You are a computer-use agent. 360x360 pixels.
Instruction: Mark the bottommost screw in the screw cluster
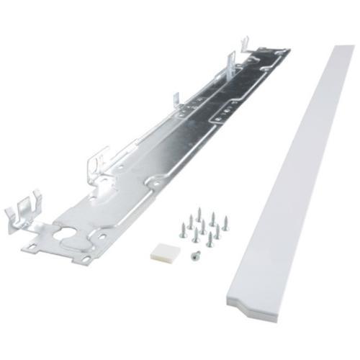tap(209, 240)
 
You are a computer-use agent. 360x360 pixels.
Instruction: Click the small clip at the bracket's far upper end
tap(246, 43)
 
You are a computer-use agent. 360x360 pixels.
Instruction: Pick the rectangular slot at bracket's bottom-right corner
tap(86, 258)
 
